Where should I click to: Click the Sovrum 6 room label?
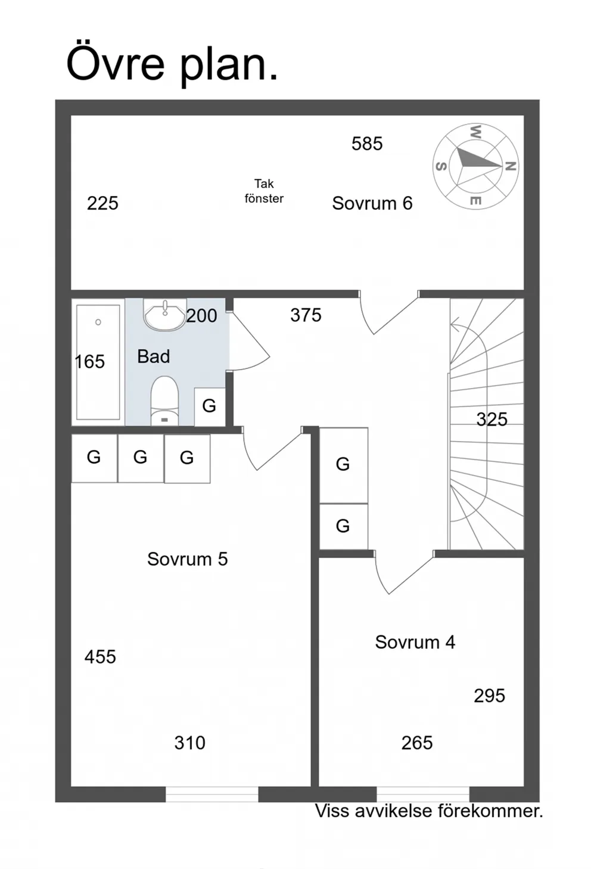pyautogui.click(x=372, y=203)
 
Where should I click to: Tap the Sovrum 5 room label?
pyautogui.click(x=187, y=559)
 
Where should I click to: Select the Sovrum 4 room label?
pyautogui.click(x=415, y=642)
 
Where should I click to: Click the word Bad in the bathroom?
pyautogui.click(x=153, y=356)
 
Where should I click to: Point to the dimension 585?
pyautogui.click(x=366, y=144)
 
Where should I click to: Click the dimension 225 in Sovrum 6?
pyautogui.click(x=102, y=203)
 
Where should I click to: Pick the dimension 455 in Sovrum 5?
pyautogui.click(x=100, y=657)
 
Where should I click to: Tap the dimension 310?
pyautogui.click(x=189, y=743)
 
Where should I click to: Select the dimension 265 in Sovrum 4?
pyautogui.click(x=416, y=743)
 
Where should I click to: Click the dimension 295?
pyautogui.click(x=489, y=696)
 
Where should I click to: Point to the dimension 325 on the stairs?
pyautogui.click(x=492, y=420)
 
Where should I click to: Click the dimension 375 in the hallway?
pyautogui.click(x=306, y=315)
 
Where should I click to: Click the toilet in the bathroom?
pyautogui.click(x=164, y=401)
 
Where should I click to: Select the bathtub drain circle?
pyautogui.click(x=98, y=322)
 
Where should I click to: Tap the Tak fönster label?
pyautogui.click(x=264, y=191)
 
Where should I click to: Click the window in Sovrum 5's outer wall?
pyautogui.click(x=211, y=794)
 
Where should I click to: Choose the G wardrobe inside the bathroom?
pyautogui.click(x=209, y=406)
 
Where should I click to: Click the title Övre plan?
pyautogui.click(x=172, y=63)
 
